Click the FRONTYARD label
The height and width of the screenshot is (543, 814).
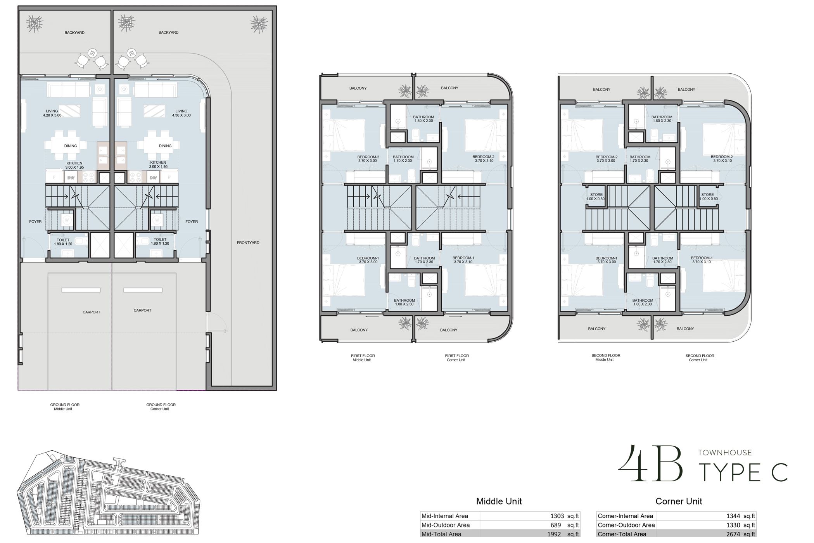point(248,243)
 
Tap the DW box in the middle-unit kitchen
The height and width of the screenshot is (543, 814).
point(71,178)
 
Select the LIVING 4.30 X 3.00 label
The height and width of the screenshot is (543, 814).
point(181,113)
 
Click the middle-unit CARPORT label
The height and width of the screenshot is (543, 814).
point(92,312)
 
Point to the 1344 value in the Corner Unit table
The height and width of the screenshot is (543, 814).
point(733,516)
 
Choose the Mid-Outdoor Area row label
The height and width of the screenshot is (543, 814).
point(446,525)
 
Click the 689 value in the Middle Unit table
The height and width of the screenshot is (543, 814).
point(556,525)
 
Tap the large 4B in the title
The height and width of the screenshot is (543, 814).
point(650,464)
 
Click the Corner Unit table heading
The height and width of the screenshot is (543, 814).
point(679,501)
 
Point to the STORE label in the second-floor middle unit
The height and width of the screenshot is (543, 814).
point(596,197)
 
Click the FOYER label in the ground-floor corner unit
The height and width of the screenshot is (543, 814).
point(192,222)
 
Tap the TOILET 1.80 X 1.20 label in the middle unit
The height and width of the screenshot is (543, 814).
point(63,242)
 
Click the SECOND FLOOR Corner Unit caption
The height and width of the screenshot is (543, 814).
point(700,358)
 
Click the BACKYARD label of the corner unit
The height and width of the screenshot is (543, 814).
point(168,33)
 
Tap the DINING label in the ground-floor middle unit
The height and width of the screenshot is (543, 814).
point(71,146)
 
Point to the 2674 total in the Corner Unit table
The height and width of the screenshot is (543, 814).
point(733,534)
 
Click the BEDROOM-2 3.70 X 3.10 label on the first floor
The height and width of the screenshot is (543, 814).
point(483,159)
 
